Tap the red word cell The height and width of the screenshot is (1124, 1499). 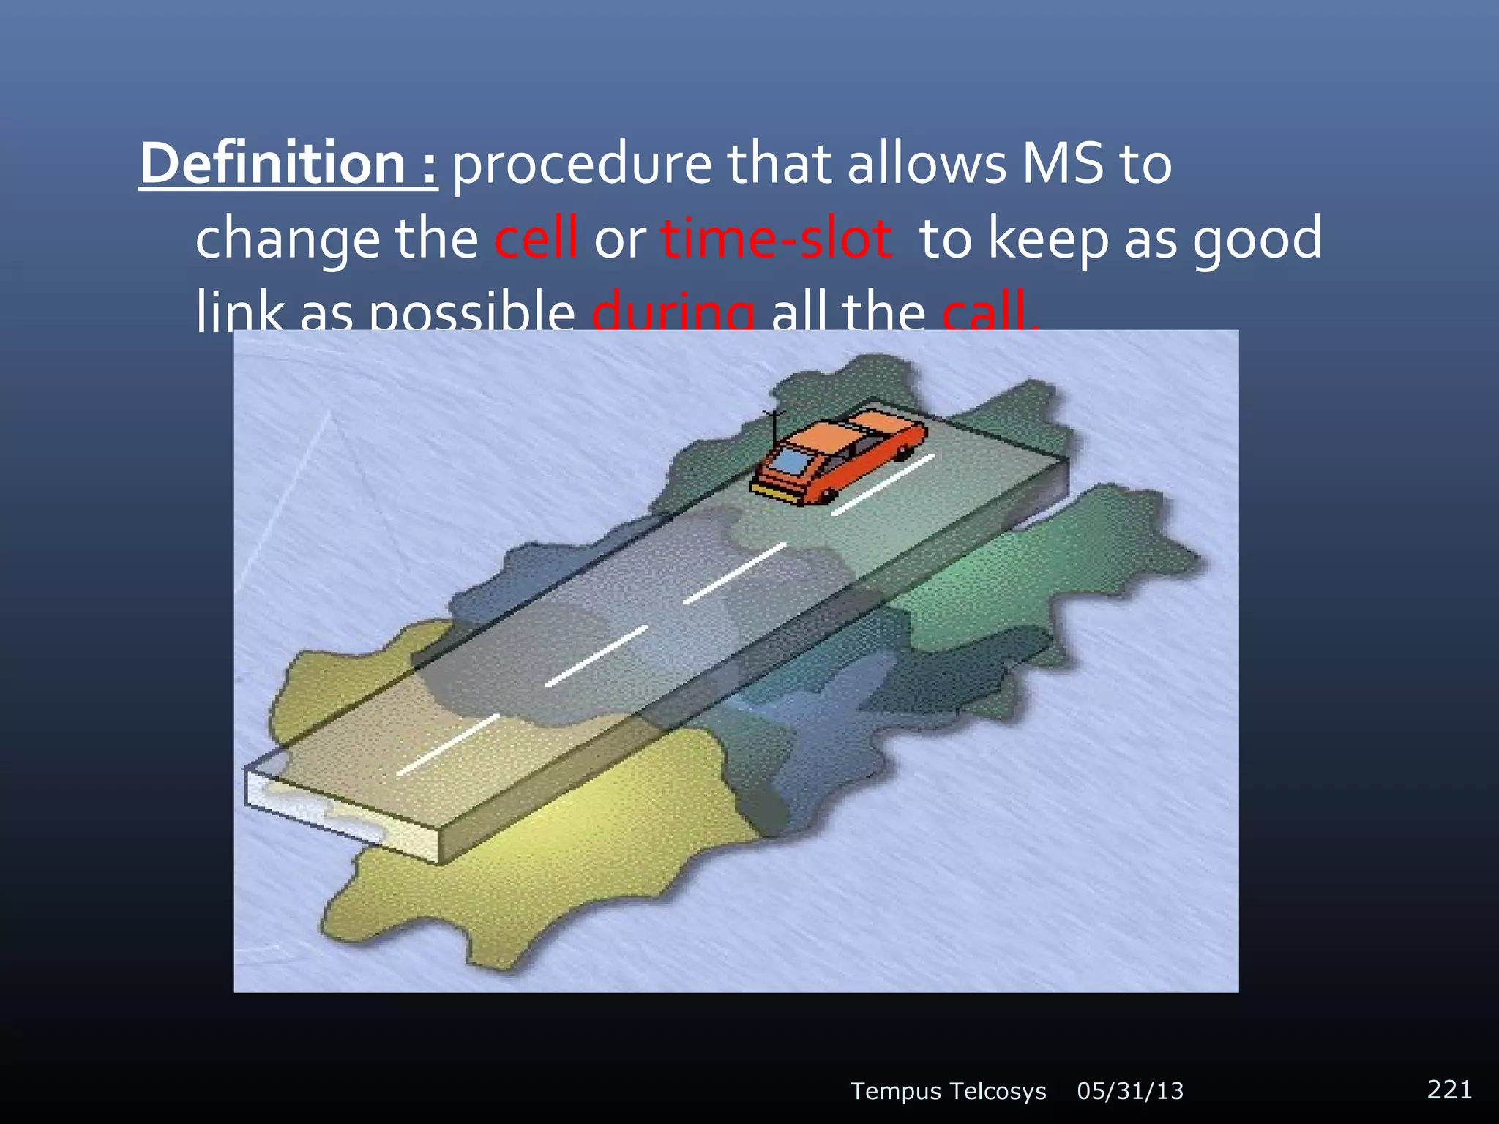536,239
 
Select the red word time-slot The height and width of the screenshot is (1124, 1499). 776,239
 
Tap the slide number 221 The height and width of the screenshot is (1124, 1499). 1449,1090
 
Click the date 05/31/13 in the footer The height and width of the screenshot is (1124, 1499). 1130,1091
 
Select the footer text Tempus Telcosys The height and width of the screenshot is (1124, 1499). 948,1091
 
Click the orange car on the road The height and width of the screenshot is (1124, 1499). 842,457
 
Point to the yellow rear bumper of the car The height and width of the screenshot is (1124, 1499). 773,492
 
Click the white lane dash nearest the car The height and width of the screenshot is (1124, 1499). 883,484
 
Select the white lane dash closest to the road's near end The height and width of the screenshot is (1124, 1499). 448,744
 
